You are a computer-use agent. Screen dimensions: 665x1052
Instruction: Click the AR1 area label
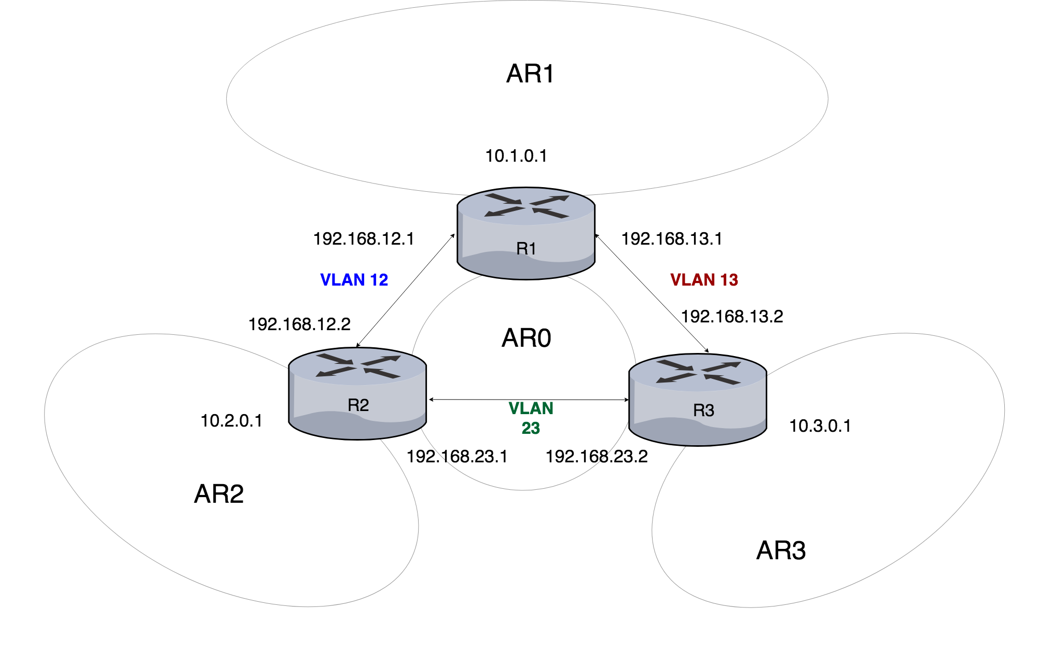(x=530, y=74)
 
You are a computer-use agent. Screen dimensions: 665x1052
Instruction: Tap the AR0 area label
(x=526, y=338)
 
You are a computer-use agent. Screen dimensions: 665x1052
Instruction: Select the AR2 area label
(x=218, y=494)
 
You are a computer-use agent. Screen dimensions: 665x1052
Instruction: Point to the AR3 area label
(x=781, y=550)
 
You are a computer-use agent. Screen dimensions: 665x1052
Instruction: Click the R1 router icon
(x=526, y=233)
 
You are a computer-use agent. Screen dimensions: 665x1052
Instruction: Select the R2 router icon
(x=357, y=394)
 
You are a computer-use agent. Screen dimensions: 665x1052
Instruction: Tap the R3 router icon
(x=698, y=399)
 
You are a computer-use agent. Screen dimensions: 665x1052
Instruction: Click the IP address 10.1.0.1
(x=516, y=156)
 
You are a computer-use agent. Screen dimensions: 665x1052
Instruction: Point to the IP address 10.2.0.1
(x=231, y=421)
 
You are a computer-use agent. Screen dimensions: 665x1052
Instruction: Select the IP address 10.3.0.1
(x=820, y=426)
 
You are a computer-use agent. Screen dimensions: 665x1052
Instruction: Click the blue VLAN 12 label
(x=354, y=280)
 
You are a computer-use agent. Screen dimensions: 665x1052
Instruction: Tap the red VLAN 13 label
(x=704, y=280)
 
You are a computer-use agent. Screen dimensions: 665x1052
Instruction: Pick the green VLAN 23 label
(x=531, y=418)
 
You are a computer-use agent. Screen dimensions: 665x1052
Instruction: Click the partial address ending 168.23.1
(x=474, y=457)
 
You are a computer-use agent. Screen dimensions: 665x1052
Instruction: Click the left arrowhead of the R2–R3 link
(x=432, y=400)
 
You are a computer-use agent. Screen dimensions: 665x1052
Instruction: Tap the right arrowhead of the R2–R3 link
(x=627, y=400)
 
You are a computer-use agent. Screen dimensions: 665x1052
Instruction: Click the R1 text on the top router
(x=526, y=249)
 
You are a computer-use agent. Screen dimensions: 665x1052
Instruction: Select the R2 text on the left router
(x=358, y=405)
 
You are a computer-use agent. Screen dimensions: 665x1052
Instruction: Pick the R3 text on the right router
(x=703, y=411)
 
